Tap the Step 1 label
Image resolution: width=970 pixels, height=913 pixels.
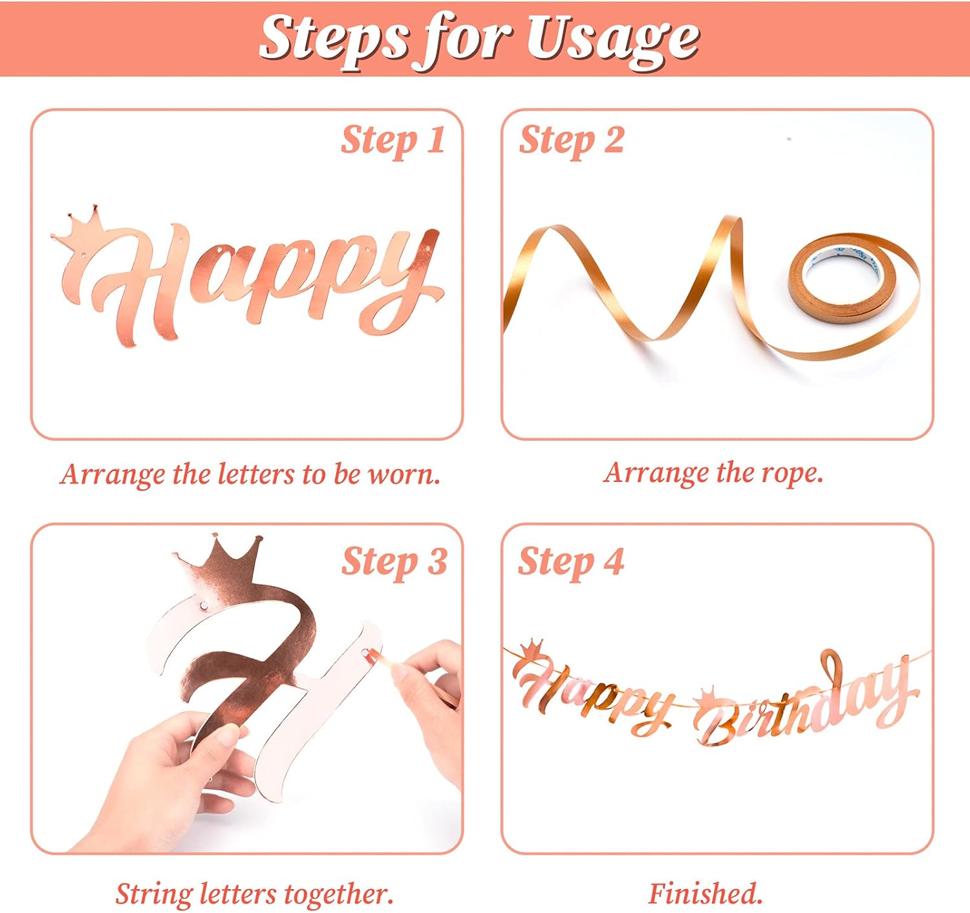[x=393, y=141]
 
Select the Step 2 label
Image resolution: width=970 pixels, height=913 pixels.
[x=572, y=141]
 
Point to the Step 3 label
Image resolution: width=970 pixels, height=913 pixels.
[x=394, y=561]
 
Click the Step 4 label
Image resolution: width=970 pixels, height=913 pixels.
[x=570, y=561]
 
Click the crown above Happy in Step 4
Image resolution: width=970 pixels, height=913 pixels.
[x=532, y=650]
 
